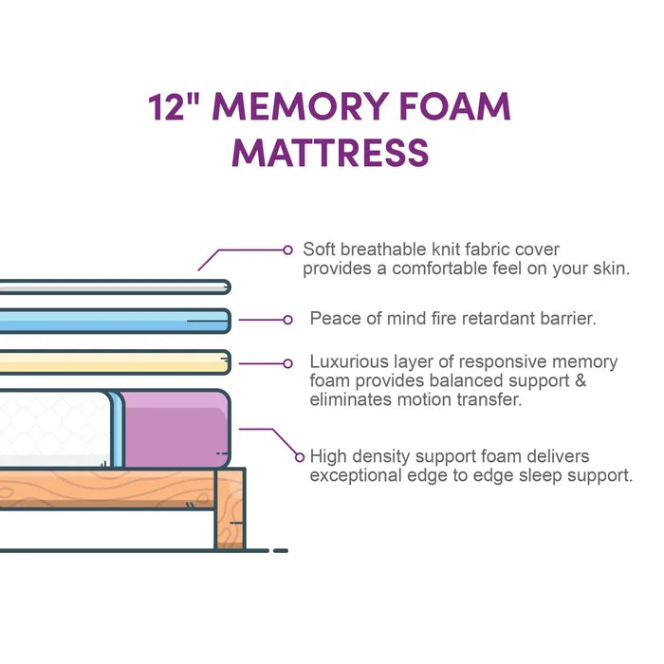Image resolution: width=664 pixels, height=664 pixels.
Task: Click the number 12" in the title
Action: pos(174,106)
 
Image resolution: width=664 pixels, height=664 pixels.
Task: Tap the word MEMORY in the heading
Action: pos(301,106)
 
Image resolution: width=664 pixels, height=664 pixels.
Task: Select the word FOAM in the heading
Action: pos(454,106)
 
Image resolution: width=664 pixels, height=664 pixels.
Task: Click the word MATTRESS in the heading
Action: pos(330,152)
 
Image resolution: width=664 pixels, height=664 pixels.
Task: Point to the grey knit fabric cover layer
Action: pos(115,287)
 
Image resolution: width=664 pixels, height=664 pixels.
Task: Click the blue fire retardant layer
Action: pos(115,321)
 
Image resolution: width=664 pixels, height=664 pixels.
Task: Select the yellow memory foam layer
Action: pos(115,362)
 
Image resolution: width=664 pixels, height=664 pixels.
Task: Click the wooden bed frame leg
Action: pos(231,508)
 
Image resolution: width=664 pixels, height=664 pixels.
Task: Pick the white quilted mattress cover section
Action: pos(55,429)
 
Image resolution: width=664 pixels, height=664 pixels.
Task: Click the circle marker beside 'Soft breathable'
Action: pos(287,250)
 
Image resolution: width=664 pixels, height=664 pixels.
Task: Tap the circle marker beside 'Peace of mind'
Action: pos(287,320)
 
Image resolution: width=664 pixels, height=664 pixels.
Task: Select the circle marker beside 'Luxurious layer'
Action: pos(287,363)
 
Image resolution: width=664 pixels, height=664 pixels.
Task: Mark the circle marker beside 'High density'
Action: pos(300,457)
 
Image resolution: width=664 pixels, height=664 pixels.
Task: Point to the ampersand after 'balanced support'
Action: pos(581,380)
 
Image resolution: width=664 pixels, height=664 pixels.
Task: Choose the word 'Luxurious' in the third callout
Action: pos(349,361)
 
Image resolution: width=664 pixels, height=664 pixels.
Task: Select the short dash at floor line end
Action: pos(281,550)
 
